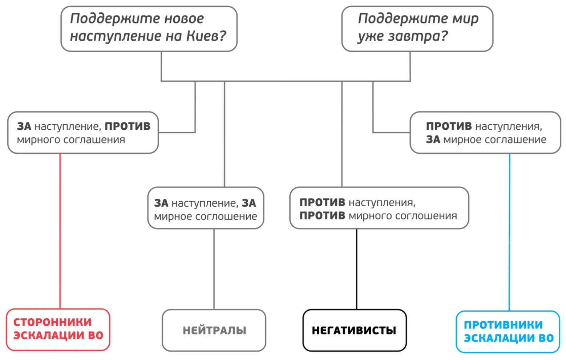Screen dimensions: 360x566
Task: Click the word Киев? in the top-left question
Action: [x=206, y=36]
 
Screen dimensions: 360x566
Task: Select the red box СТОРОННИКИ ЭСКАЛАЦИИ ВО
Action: [x=58, y=329]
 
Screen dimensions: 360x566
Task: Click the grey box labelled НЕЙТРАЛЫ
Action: [x=214, y=330]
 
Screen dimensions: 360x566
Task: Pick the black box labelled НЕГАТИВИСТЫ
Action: [x=354, y=330]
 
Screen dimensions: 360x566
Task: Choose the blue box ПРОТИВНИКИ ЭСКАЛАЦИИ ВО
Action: [x=508, y=331]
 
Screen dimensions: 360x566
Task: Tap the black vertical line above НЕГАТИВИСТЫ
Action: [x=357, y=269]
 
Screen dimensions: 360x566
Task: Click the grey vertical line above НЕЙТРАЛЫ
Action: [x=214, y=269]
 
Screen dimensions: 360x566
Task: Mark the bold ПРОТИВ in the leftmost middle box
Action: [x=128, y=126]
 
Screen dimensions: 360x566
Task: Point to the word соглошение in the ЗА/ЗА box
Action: [x=226, y=217]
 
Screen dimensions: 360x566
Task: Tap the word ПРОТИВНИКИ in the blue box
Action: [x=503, y=325]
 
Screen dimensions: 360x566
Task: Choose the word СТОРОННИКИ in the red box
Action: [x=53, y=322]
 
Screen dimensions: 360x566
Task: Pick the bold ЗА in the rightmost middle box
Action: [x=433, y=139]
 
